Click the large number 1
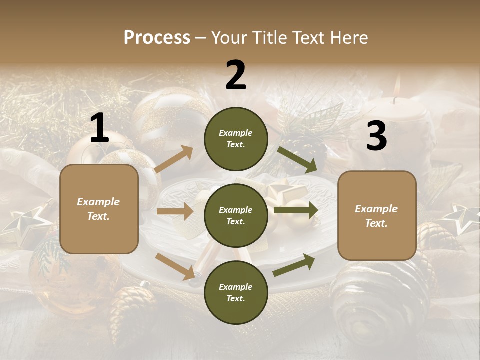[99, 129]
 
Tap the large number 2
[236, 75]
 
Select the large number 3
[376, 136]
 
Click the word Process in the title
[157, 37]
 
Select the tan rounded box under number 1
[99, 209]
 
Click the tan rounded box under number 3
[377, 216]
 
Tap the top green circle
[236, 139]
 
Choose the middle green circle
[236, 215]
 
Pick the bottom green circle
[236, 292]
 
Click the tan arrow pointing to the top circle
[173, 160]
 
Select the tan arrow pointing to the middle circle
[174, 211]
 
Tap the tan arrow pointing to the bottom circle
[175, 265]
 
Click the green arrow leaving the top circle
[297, 160]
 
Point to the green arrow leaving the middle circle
[295, 210]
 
